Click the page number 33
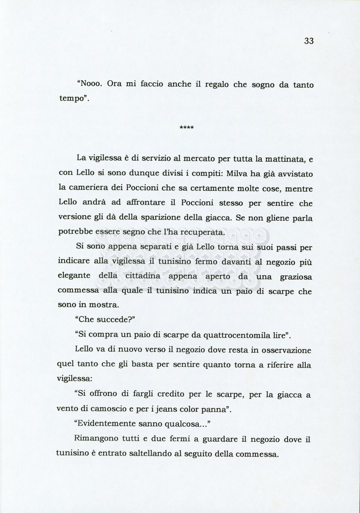click(308, 42)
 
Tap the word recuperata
click(205, 233)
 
